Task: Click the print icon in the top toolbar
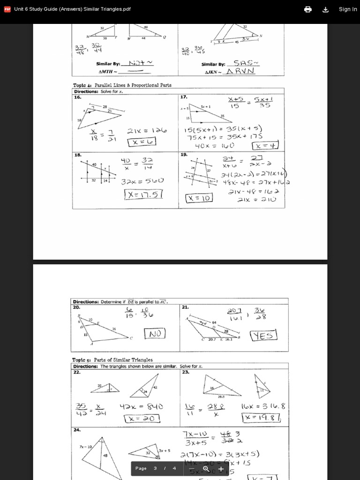pos(308,9)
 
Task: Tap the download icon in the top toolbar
pos(326,9)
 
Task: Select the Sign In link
pos(348,9)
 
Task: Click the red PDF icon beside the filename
pos(7,9)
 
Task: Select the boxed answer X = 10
pos(200,198)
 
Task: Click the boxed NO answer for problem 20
pos(156,334)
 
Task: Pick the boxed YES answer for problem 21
pos(263,336)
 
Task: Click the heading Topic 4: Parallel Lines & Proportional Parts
pos(122,85)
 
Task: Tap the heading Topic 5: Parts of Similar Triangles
pos(112,360)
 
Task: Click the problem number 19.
pos(184,154)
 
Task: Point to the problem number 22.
pos(76,372)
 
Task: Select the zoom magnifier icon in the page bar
pos(206,468)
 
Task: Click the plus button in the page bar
pos(221,468)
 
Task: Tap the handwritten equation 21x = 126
pos(147,131)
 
